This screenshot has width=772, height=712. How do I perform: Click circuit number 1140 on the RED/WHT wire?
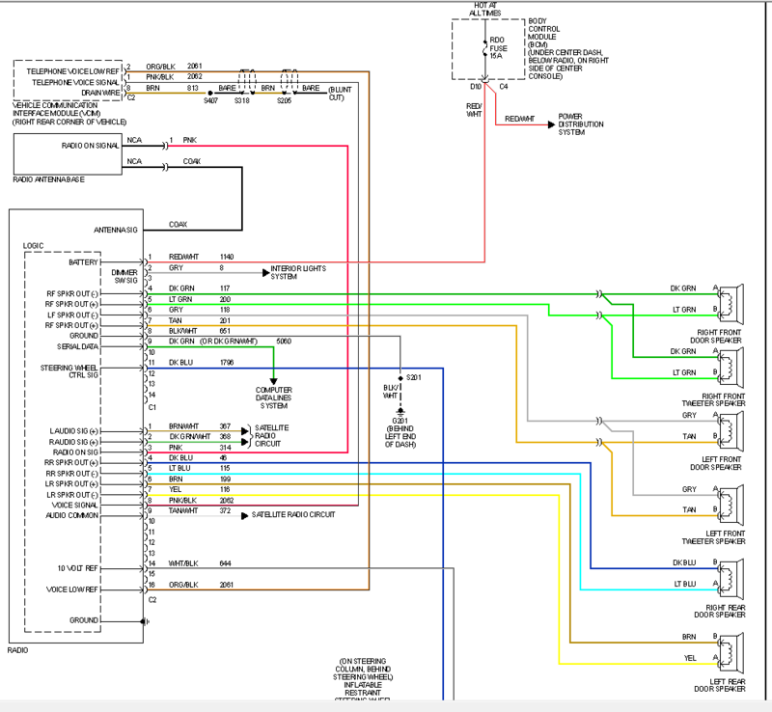coord(226,257)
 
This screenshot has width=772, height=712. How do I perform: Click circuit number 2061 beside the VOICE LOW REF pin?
coord(226,585)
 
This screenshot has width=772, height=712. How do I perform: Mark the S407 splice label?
coord(212,99)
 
